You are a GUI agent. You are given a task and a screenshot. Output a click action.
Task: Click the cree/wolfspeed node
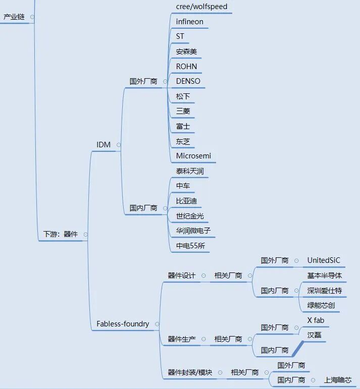tap(201, 7)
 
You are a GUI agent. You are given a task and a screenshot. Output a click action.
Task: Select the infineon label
tap(190, 22)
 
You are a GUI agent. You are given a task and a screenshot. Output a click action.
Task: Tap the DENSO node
tap(188, 81)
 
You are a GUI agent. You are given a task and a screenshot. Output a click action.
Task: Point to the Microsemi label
tap(193, 156)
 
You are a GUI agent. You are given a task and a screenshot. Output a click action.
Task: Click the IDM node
tap(104, 145)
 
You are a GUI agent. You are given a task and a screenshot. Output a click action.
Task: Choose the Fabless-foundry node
tap(123, 324)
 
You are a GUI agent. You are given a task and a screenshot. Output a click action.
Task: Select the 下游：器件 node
tap(61, 234)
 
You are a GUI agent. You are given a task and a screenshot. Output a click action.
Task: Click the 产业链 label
tap(14, 17)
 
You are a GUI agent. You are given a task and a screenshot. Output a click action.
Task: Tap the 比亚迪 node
tap(186, 201)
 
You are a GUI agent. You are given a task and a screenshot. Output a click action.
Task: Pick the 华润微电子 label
tap(193, 231)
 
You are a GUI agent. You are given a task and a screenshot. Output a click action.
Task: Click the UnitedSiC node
tap(324, 260)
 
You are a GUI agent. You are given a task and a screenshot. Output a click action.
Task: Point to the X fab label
tap(316, 320)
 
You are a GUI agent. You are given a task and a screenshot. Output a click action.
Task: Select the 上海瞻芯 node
tap(338, 380)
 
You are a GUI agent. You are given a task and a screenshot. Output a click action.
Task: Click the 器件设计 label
tap(182, 275)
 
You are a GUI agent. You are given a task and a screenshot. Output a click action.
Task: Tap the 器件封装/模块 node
tap(190, 372)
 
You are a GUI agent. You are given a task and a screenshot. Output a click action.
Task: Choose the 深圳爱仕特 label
tap(325, 290)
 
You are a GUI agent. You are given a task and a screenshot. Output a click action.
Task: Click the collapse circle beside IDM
tap(119, 145)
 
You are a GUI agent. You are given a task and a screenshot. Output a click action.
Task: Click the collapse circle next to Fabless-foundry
tap(158, 324)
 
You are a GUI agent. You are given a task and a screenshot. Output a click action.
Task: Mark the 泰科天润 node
tap(190, 171)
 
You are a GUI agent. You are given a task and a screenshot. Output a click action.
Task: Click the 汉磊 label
tap(315, 335)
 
